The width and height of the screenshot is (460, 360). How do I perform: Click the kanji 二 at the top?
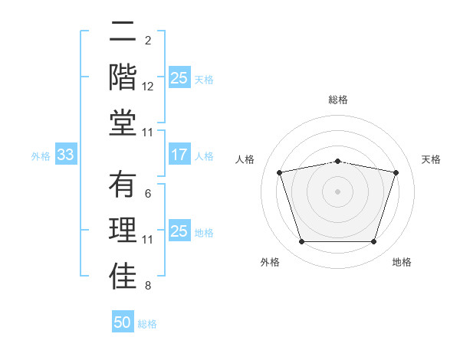[123, 31]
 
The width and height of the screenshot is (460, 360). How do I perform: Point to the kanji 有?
[123, 185]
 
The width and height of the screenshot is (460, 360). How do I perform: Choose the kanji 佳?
[123, 277]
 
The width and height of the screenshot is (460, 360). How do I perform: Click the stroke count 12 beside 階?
[148, 87]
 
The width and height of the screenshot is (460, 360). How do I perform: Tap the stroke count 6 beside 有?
[148, 194]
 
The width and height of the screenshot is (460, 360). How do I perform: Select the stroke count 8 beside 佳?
[148, 286]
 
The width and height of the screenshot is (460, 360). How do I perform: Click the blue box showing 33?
[65, 155]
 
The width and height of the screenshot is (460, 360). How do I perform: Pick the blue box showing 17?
[179, 155]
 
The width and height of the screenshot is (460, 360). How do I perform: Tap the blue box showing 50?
[123, 322]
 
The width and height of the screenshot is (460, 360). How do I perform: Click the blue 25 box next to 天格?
[179, 78]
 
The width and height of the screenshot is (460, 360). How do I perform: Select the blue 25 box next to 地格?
[179, 231]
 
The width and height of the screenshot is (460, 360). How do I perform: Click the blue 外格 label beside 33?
[41, 156]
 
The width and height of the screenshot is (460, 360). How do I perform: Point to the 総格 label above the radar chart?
[337, 100]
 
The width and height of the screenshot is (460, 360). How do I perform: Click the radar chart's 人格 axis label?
[245, 159]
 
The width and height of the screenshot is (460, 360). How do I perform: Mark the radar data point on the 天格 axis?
[396, 172]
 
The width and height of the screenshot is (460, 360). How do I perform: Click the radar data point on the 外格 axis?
[301, 242]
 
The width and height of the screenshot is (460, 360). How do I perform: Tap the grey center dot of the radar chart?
[337, 191]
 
